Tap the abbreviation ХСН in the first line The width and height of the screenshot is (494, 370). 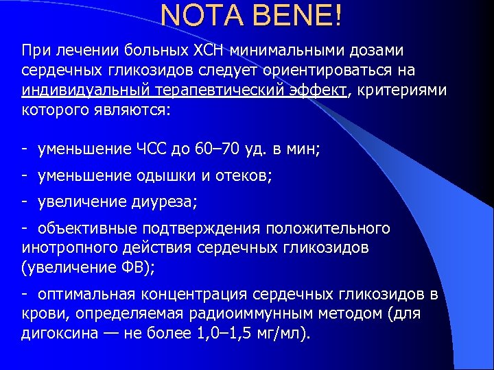pyautogui.click(x=211, y=51)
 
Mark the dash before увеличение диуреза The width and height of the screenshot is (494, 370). pyautogui.click(x=25, y=202)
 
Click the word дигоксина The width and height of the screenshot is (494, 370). pyautogui.click(x=55, y=334)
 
